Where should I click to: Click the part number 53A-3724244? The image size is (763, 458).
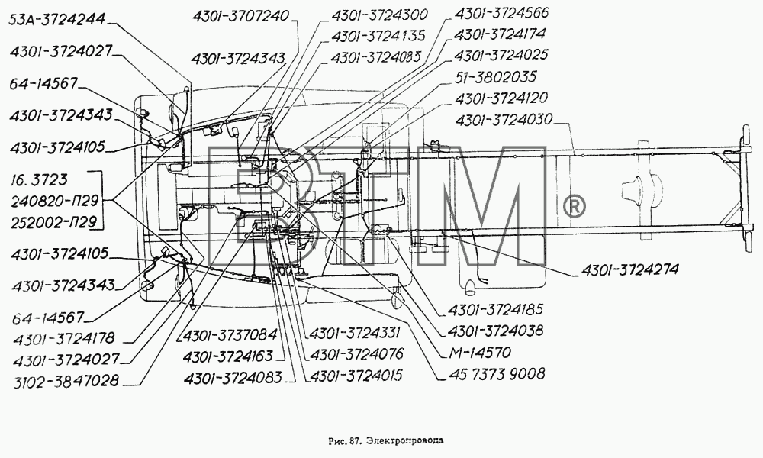(x=57, y=20)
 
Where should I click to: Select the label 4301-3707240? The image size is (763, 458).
(x=241, y=17)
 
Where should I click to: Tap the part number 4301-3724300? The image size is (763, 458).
(x=379, y=15)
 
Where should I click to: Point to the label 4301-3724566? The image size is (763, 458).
(x=501, y=13)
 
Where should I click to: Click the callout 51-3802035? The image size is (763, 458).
(x=495, y=77)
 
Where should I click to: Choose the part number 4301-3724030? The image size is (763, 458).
(x=504, y=120)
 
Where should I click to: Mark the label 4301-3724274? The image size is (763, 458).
(x=629, y=269)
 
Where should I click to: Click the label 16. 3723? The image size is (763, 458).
(x=39, y=179)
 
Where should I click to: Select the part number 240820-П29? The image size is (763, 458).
(x=54, y=201)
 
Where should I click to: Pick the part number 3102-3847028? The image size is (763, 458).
(x=66, y=381)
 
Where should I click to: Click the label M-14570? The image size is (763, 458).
(x=480, y=352)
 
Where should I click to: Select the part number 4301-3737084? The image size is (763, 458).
(x=230, y=334)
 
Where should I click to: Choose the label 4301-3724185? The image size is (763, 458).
(x=495, y=310)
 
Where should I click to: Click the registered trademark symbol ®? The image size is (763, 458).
(x=574, y=208)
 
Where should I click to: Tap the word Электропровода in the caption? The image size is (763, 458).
(x=405, y=441)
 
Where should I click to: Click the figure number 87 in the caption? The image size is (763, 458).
(x=354, y=441)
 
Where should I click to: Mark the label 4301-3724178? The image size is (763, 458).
(x=64, y=338)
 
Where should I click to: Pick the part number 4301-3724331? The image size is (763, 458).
(x=355, y=332)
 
